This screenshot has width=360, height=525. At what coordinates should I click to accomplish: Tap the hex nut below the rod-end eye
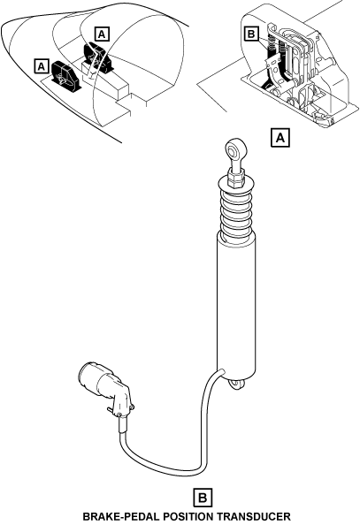pyautogui.click(x=236, y=179)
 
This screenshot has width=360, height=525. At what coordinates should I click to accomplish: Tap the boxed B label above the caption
pyautogui.click(x=203, y=498)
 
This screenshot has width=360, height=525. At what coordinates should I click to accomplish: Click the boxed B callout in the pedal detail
pyautogui.click(x=251, y=34)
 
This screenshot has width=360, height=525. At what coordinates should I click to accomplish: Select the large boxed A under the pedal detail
pyautogui.click(x=280, y=137)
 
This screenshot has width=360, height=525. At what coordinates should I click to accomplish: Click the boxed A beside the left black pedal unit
pyautogui.click(x=42, y=66)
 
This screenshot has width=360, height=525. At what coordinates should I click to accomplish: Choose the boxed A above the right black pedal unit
pyautogui.click(x=103, y=34)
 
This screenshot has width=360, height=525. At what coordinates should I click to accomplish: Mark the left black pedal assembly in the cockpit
pyautogui.click(x=65, y=75)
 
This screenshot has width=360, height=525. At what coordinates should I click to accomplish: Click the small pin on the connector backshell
pyautogui.click(x=111, y=409)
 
